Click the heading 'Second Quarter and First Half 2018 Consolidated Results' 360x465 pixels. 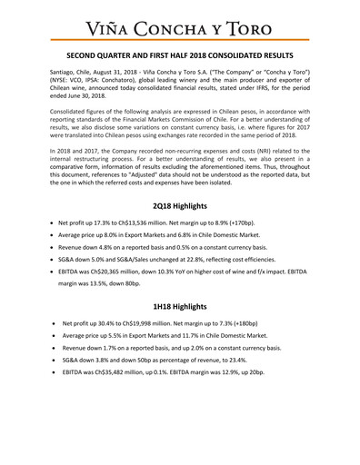(180, 54)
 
